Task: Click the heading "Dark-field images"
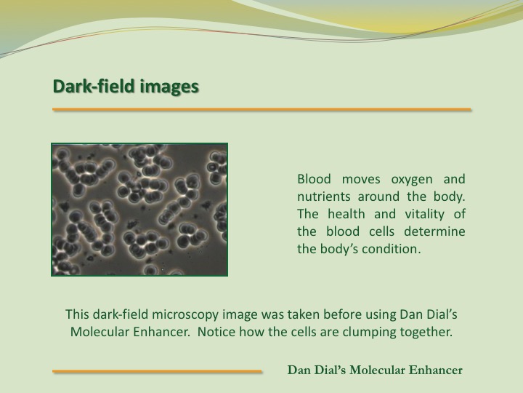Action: click(x=126, y=86)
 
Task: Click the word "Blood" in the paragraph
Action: click(x=314, y=179)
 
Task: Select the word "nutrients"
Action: click(x=323, y=196)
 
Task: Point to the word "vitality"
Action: click(x=425, y=214)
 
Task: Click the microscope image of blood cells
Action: click(x=139, y=210)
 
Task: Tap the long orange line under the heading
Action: click(x=261, y=109)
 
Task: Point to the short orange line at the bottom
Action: click(x=157, y=371)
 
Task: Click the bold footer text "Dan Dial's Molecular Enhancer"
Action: click(x=375, y=370)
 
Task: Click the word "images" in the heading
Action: click(x=169, y=86)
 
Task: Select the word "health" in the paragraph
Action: click(x=346, y=214)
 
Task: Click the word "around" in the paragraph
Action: click(x=378, y=196)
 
